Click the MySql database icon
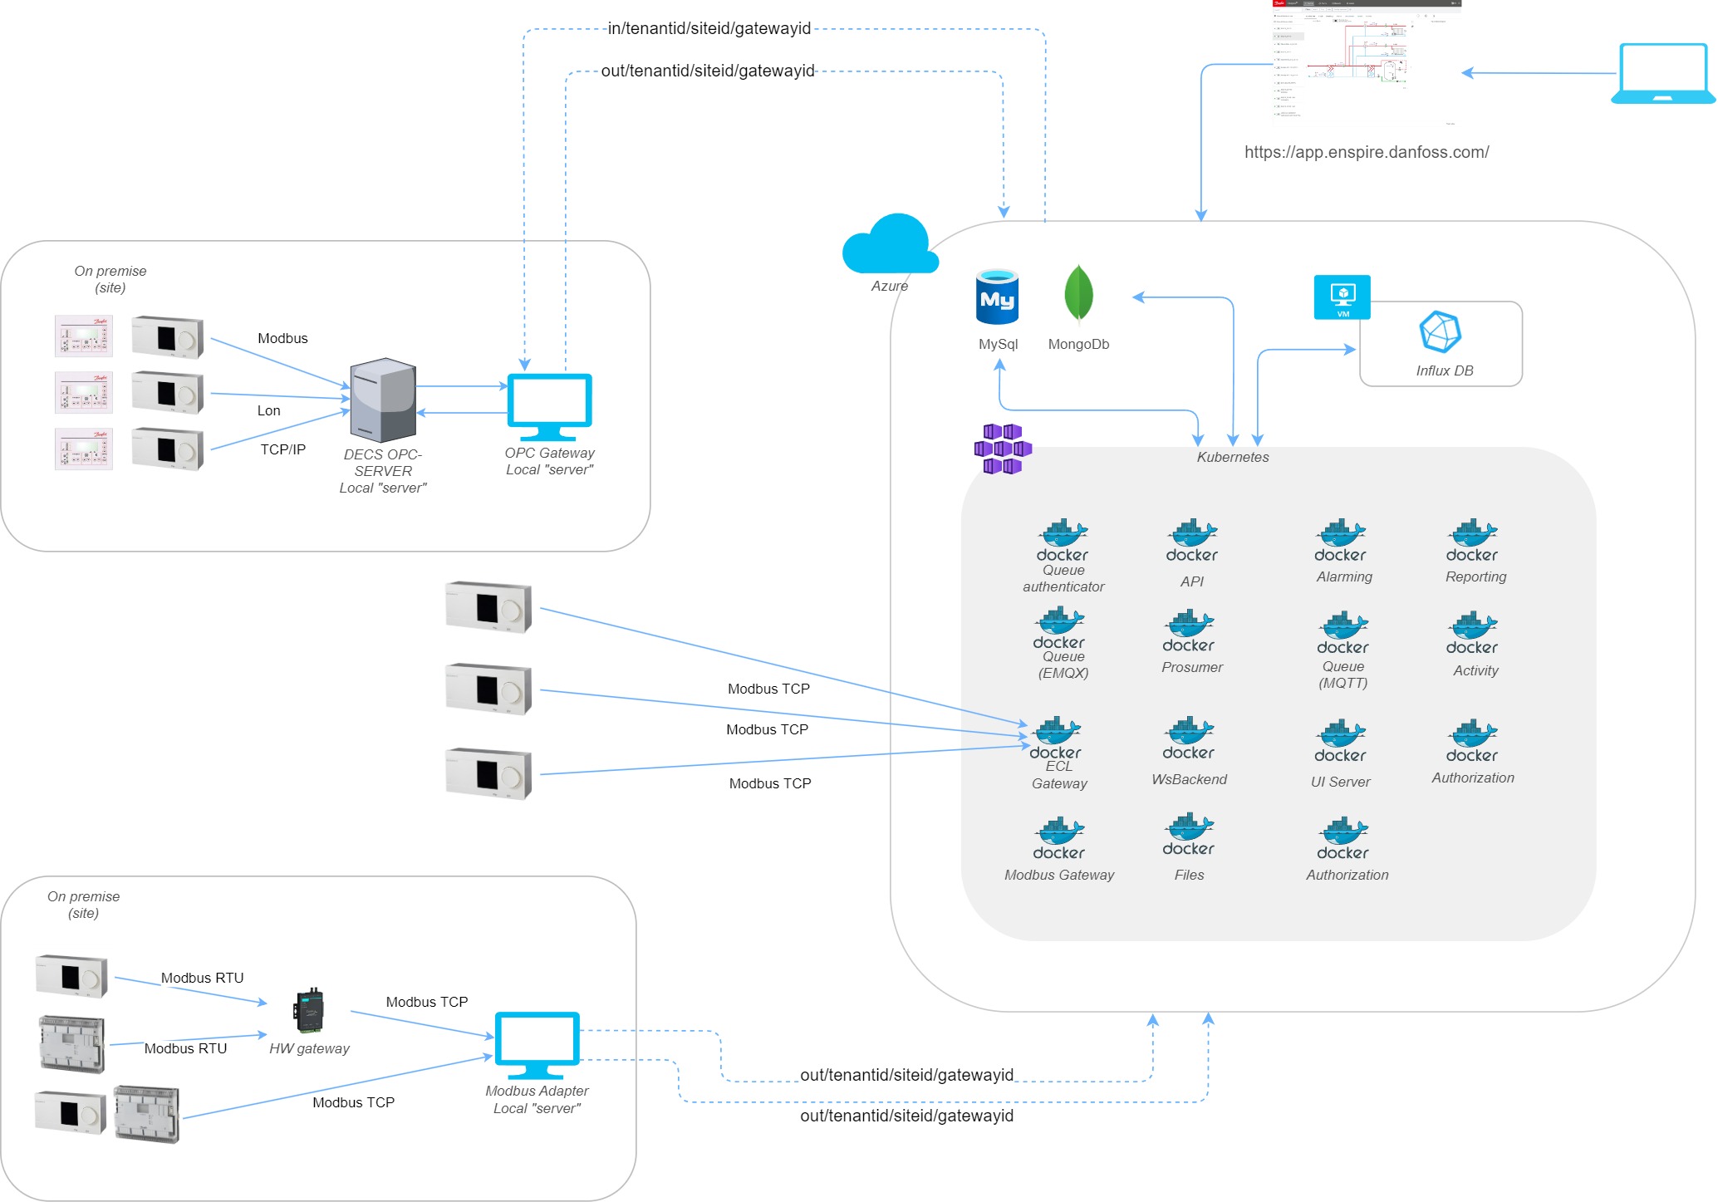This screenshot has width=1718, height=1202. click(997, 297)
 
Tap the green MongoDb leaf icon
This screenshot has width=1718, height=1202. click(1078, 294)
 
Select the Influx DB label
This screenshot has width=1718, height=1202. click(1444, 370)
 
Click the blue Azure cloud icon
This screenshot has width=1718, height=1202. click(890, 244)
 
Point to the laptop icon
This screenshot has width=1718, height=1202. click(1662, 74)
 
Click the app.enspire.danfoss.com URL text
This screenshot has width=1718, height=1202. click(1366, 152)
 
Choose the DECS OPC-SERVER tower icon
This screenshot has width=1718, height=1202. click(382, 400)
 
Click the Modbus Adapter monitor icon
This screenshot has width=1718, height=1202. click(537, 1045)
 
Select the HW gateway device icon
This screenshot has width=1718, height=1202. click(308, 1010)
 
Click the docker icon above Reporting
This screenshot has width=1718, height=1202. click(1471, 541)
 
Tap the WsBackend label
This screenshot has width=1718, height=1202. click(1189, 779)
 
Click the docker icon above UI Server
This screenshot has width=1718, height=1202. click(1340, 741)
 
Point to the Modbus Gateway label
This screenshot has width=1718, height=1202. click(1059, 875)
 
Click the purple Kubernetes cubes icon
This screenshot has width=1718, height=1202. click(1002, 449)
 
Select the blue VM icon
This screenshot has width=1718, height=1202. click(1342, 297)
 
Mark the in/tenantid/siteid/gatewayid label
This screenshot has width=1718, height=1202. click(709, 28)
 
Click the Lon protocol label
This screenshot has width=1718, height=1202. click(268, 410)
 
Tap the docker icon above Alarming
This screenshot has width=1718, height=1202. click(1340, 541)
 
